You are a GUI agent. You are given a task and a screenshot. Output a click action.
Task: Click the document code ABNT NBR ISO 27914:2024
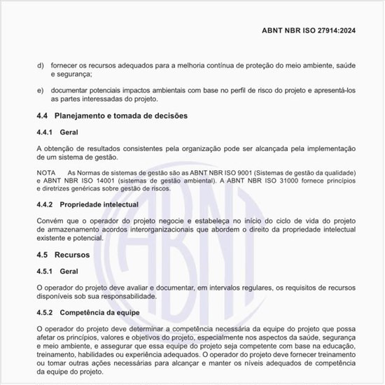318,31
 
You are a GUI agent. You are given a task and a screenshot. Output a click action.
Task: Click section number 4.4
42,115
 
